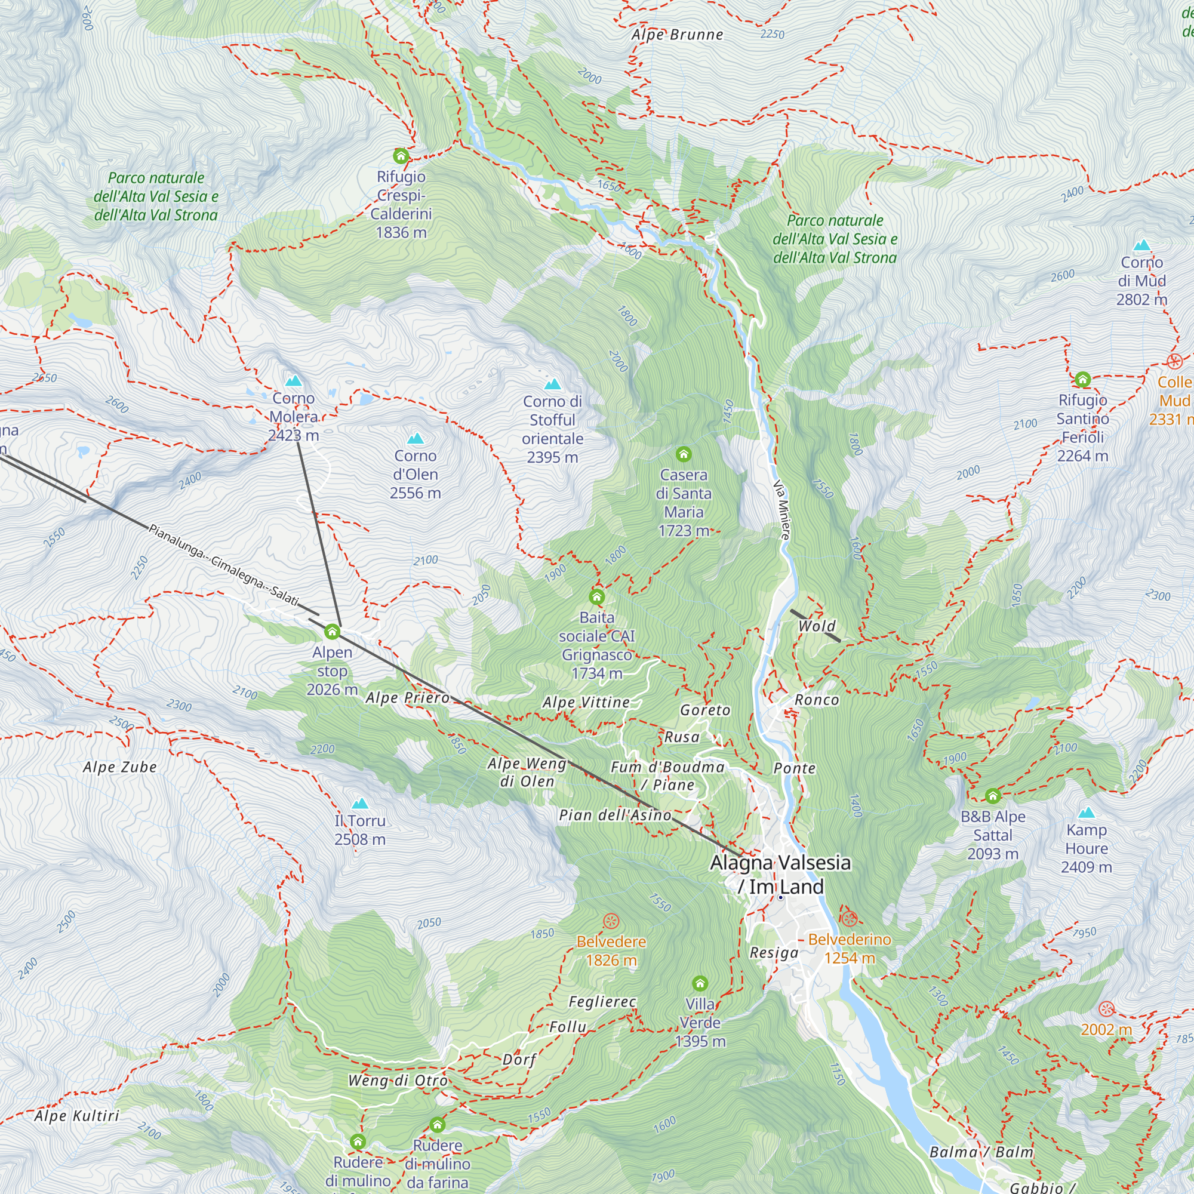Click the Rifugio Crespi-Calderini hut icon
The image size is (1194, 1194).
tap(401, 156)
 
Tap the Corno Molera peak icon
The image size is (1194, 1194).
tap(294, 381)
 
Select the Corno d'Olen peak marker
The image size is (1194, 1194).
tap(416, 439)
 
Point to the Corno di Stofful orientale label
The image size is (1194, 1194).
tap(552, 429)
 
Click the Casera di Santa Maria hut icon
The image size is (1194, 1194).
tap(684, 455)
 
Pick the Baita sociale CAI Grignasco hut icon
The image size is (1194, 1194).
tap(597, 597)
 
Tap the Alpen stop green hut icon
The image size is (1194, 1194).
tap(333, 632)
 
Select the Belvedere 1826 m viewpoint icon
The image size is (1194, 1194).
tap(611, 921)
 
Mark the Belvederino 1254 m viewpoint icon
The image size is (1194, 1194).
tap(849, 918)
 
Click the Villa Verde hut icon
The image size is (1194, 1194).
tap(700, 983)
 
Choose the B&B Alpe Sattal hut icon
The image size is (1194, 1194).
tap(993, 796)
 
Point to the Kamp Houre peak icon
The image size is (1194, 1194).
tap(1087, 813)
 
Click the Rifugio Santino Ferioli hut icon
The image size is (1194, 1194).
tap(1083, 380)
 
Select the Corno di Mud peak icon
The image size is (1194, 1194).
tap(1142, 245)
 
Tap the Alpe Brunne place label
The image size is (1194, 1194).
tap(678, 35)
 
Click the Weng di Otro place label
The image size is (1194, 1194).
tap(398, 1081)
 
